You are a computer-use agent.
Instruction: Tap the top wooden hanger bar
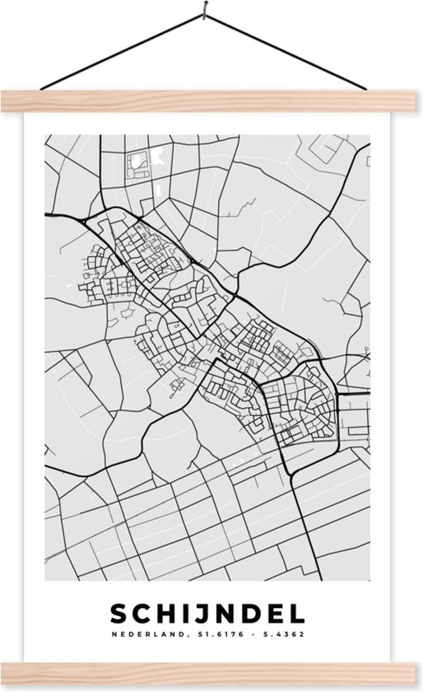point(211,101)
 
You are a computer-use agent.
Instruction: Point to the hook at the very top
point(202,11)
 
